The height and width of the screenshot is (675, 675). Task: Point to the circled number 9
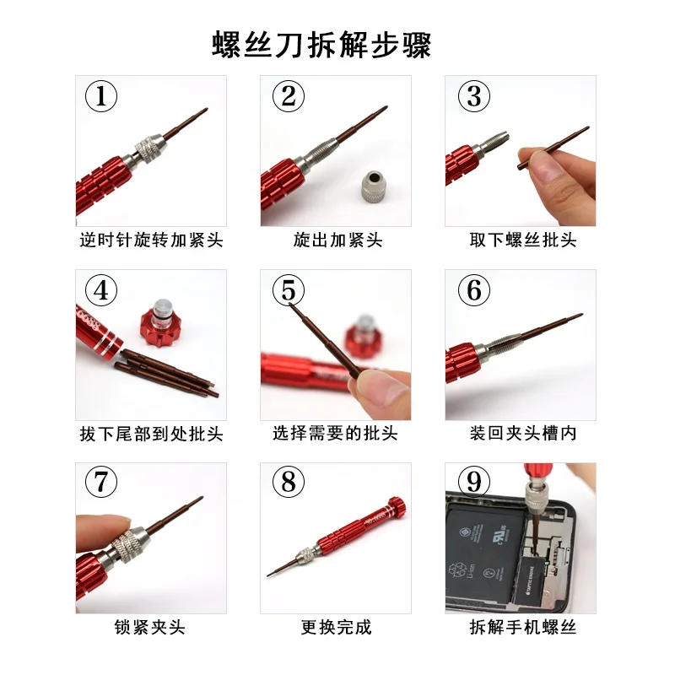(x=474, y=482)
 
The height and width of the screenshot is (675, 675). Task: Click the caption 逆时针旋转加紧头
(x=150, y=240)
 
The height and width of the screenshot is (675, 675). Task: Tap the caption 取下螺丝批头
(x=522, y=240)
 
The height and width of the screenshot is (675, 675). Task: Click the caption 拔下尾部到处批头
(x=150, y=434)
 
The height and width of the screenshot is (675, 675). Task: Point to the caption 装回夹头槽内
(x=522, y=434)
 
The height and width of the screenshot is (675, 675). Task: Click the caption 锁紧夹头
(x=150, y=627)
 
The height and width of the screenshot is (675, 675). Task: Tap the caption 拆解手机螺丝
(x=522, y=627)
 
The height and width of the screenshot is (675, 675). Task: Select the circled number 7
(x=102, y=483)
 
